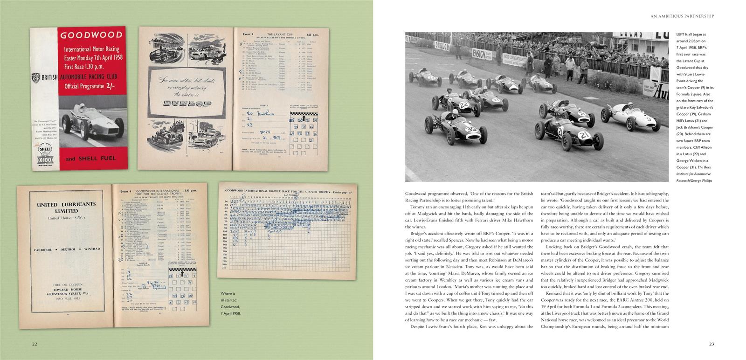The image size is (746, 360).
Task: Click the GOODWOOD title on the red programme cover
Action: [91, 35]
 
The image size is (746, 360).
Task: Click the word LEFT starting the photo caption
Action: [681, 35]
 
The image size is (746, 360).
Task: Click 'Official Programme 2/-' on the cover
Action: [91, 85]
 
